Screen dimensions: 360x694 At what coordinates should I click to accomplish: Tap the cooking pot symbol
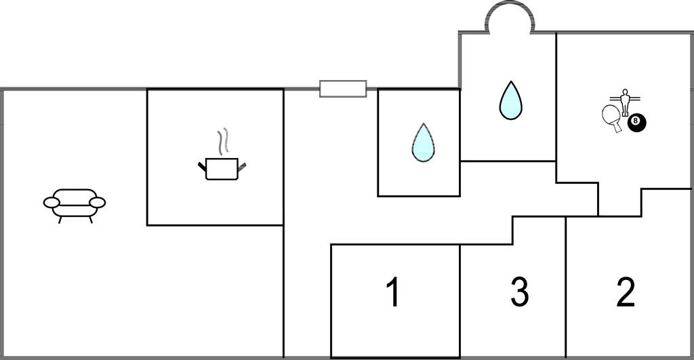(x=222, y=168)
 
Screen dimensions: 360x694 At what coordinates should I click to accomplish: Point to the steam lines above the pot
(x=224, y=142)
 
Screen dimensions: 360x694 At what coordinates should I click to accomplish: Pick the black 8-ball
(x=636, y=123)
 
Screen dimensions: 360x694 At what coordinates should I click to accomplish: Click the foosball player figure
(x=625, y=102)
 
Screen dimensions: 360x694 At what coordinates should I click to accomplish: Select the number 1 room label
(x=393, y=293)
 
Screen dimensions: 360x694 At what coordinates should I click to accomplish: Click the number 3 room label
(x=519, y=293)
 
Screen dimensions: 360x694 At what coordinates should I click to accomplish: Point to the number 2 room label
(x=626, y=293)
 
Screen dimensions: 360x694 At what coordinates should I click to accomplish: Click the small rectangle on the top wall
(x=343, y=89)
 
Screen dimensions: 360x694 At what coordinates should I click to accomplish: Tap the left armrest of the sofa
(x=51, y=202)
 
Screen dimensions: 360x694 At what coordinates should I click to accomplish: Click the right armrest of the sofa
(x=98, y=202)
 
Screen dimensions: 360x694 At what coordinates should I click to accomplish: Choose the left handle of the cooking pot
(x=202, y=165)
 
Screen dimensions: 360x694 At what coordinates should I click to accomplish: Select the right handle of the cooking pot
(x=242, y=165)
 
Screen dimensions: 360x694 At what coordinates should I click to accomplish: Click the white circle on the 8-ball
(x=635, y=121)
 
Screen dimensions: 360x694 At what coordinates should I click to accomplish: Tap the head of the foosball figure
(x=625, y=92)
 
